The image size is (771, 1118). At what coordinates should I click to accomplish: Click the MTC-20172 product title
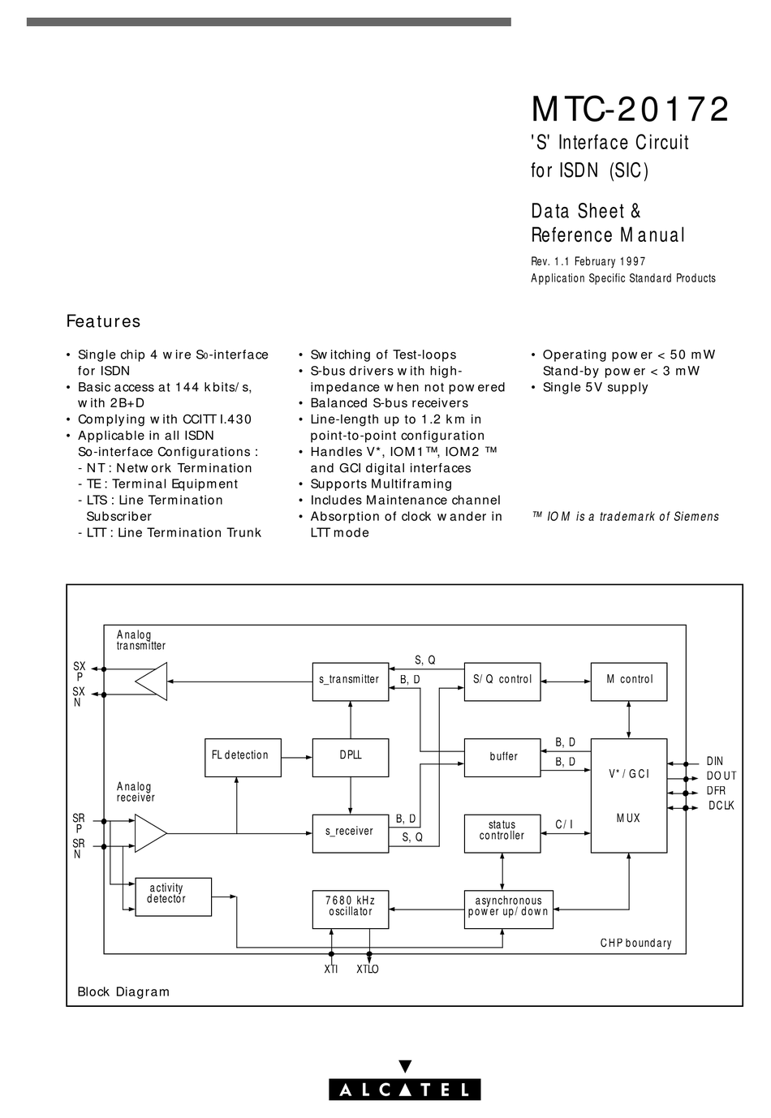(630, 110)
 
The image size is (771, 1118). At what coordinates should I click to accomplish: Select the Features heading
(103, 321)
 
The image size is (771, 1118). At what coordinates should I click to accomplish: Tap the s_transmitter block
(350, 680)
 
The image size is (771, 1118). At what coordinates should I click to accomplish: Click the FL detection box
(242, 757)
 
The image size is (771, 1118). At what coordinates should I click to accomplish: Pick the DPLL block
(350, 757)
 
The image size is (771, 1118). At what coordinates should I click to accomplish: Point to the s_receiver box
(350, 832)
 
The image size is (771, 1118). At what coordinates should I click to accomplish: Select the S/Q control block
(502, 680)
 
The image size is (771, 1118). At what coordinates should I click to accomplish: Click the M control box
(629, 680)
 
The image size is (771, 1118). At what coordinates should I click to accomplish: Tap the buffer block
(502, 757)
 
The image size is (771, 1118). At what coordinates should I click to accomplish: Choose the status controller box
(502, 832)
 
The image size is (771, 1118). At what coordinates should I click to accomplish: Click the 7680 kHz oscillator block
(350, 909)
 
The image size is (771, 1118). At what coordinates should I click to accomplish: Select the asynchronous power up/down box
(508, 909)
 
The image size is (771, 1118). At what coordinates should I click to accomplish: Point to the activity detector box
(173, 896)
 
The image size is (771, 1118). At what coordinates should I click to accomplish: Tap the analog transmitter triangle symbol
(153, 681)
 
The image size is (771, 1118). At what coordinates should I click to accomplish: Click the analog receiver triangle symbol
(149, 833)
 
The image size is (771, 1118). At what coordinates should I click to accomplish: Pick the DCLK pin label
(721, 806)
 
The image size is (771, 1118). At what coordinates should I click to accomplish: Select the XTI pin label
(331, 969)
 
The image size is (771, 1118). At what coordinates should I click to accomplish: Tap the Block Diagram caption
(123, 991)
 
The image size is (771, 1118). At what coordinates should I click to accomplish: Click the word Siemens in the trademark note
(695, 517)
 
